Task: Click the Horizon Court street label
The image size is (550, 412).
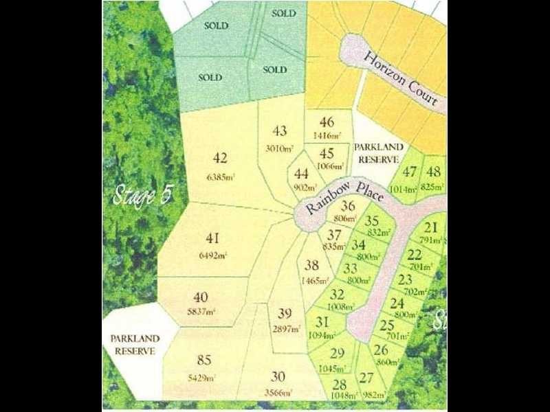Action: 401,78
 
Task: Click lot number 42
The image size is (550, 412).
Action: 219,159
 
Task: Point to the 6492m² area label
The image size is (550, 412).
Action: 212,255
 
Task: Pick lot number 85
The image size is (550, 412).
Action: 203,359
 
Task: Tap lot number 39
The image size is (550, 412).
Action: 285,314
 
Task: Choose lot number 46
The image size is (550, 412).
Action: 327,123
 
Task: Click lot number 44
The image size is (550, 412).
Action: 301,174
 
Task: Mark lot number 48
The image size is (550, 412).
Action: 433,172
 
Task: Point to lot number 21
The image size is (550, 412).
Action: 431,228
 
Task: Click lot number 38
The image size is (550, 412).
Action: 311,265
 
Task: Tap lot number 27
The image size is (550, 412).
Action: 366,377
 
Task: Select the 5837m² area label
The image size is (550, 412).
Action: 201,311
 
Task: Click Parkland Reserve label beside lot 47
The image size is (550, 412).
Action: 376,153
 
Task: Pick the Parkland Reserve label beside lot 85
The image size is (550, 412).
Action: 135,345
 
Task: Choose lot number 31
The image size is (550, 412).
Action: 322,321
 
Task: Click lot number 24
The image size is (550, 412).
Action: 397,302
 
